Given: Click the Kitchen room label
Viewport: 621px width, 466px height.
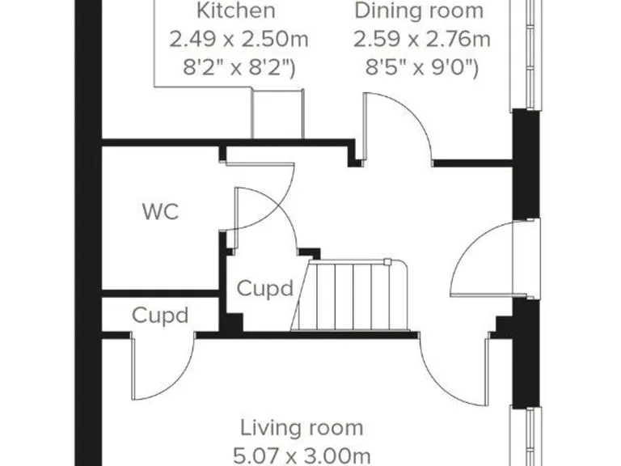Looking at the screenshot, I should (x=236, y=11).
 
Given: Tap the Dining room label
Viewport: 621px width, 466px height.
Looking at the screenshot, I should (x=419, y=11).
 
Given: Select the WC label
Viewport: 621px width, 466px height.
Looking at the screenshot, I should (x=160, y=214).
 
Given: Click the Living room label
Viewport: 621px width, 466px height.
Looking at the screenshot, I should (x=302, y=428).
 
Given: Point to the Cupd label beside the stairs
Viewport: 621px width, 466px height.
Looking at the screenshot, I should (x=264, y=289).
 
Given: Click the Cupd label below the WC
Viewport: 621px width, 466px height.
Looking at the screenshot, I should (x=160, y=315).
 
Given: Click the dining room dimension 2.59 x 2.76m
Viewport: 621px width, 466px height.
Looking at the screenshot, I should (x=420, y=39).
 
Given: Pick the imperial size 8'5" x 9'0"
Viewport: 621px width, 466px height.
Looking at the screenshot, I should (x=420, y=67).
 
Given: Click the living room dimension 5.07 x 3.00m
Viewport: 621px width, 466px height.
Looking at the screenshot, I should (x=302, y=455).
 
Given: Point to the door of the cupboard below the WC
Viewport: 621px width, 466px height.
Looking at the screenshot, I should (x=162, y=368).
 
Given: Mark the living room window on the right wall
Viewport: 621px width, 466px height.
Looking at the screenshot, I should (x=527, y=437).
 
